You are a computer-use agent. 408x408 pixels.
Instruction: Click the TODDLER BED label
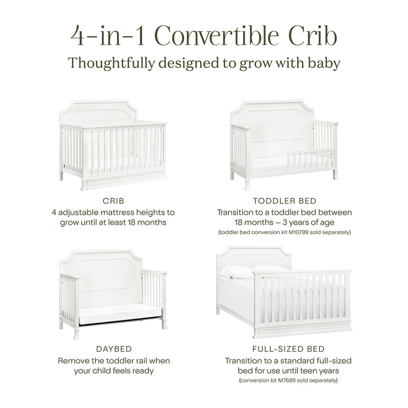coord(284,201)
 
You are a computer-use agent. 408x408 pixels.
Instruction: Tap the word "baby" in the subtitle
coord(324,63)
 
